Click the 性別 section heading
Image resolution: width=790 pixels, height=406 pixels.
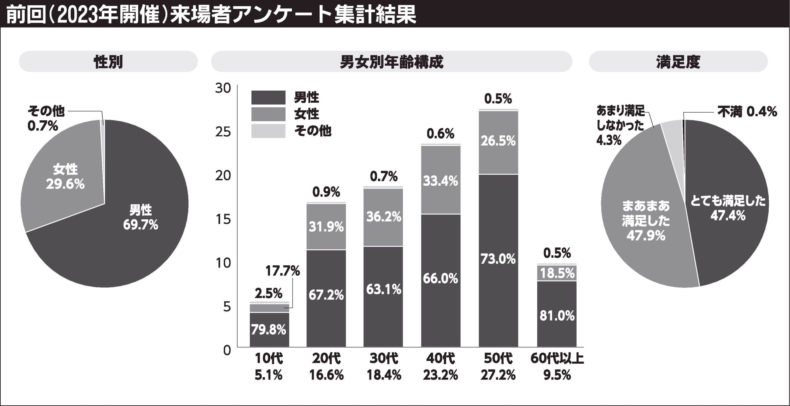coord(108,62)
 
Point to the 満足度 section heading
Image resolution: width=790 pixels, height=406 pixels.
coord(678,62)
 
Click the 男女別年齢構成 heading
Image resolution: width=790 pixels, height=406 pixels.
coord(391,62)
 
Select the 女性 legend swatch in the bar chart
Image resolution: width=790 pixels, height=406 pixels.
coord(268,114)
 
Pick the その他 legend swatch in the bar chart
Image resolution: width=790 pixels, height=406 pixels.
coord(268,131)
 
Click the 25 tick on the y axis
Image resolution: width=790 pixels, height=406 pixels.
coord(223,132)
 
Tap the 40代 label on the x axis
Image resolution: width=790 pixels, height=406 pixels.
coord(440,359)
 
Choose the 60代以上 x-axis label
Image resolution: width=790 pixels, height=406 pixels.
coord(557,359)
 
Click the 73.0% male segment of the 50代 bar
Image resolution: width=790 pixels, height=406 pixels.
coord(498,259)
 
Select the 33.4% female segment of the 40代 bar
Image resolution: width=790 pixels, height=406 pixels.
coord(440,181)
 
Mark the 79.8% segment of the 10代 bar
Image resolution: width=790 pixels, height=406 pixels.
coord(269,330)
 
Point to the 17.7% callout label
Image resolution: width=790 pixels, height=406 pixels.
coord(282,271)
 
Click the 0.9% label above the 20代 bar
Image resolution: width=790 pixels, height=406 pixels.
coord(326,192)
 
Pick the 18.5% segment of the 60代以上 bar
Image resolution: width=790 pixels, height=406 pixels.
coord(557,273)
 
